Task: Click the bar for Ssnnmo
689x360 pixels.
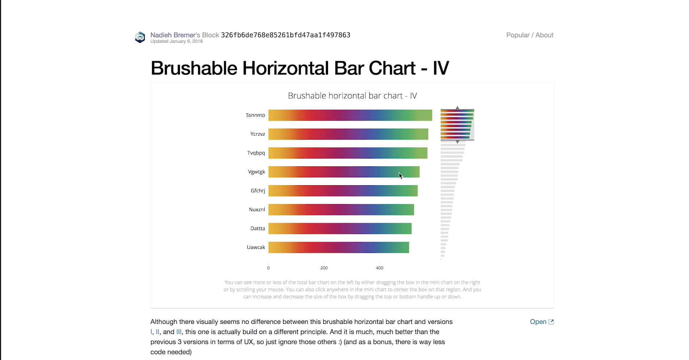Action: [x=350, y=115]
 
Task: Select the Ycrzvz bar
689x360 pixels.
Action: [x=348, y=134]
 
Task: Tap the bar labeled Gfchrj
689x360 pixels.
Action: [x=343, y=191]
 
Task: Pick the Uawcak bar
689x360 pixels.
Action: [x=339, y=247]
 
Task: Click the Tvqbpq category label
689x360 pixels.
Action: [x=256, y=153]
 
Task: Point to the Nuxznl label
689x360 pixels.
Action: [x=257, y=209]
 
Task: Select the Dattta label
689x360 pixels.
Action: [x=258, y=228]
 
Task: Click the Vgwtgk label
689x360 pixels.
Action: [x=257, y=172]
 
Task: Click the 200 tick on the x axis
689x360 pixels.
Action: [x=324, y=268]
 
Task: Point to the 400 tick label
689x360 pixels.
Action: [x=379, y=268]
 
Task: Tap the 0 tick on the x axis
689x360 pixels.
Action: [x=268, y=268]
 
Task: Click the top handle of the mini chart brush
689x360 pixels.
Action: [x=457, y=108]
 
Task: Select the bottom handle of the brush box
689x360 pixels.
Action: [x=457, y=142]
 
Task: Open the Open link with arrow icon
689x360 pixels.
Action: [x=542, y=322]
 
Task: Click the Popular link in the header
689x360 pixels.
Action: [x=518, y=35]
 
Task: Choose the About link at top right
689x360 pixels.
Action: [x=545, y=35]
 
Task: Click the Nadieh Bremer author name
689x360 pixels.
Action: [x=173, y=35]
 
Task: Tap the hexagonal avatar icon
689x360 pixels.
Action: [x=140, y=37]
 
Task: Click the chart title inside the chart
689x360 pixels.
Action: [x=352, y=96]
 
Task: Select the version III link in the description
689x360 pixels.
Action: [x=179, y=332]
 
